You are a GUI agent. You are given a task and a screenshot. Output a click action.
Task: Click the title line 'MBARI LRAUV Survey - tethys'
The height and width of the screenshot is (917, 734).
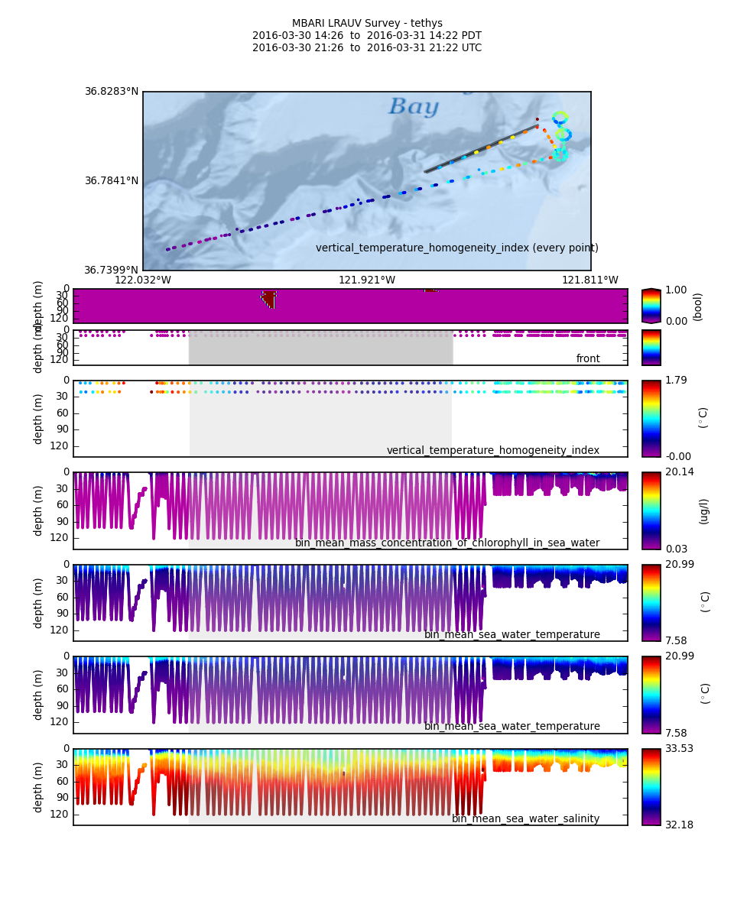point(367,24)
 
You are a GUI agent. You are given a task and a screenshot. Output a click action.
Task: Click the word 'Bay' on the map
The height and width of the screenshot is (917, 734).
point(414,107)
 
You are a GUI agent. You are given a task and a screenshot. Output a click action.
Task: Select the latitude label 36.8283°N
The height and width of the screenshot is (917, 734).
point(112,92)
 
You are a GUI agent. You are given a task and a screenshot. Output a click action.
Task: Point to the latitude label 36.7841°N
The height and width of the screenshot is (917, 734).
point(112,181)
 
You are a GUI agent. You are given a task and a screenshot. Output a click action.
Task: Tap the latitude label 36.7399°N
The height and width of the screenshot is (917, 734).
point(112,271)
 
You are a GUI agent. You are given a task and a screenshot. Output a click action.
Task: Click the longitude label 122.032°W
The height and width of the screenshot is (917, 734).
point(143,280)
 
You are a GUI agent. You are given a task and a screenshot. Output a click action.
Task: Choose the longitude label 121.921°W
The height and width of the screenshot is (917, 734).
point(367,280)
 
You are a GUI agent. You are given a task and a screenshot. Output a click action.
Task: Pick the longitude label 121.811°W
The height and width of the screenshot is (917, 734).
point(590,280)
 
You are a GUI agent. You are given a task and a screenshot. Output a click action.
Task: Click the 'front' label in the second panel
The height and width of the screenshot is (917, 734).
point(588,359)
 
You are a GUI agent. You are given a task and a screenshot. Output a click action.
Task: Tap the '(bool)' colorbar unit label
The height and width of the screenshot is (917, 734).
point(697,306)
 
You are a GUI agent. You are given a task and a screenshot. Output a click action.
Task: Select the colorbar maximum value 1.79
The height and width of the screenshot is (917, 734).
point(676,381)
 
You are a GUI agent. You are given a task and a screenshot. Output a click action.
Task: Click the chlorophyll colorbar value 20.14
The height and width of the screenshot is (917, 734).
point(679,472)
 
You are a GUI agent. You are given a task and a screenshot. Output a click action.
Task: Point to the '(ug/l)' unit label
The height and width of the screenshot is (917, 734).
point(703,510)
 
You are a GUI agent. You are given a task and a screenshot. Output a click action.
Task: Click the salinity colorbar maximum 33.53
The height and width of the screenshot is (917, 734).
point(679,749)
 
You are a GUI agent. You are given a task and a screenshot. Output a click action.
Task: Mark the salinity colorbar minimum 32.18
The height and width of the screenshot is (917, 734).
point(679,825)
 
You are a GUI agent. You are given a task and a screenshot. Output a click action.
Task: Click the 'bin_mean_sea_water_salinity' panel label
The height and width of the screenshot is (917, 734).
point(525,819)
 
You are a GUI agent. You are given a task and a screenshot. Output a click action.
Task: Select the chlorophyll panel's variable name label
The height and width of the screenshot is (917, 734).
point(447,543)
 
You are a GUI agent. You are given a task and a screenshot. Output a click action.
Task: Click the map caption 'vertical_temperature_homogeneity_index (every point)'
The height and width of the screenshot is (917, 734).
point(457,248)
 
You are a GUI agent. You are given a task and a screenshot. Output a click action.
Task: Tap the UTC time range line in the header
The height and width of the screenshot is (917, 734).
point(367,48)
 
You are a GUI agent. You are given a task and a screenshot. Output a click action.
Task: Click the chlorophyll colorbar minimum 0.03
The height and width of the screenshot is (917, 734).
point(676,549)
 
